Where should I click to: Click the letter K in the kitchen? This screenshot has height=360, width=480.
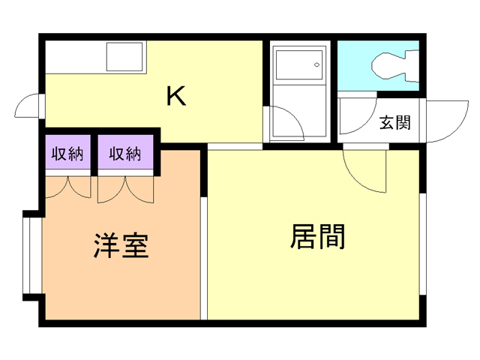point(175,97)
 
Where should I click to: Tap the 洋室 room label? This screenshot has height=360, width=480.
point(121,246)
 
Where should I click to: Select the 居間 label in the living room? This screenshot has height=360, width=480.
point(316,237)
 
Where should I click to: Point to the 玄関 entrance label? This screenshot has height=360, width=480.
point(394,123)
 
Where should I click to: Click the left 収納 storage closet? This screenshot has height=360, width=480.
point(67,154)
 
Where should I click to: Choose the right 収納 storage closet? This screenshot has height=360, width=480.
point(126,154)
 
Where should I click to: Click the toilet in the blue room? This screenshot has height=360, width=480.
point(392,65)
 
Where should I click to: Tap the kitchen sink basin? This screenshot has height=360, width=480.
point(125,57)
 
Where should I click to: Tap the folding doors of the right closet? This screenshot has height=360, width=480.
point(125,189)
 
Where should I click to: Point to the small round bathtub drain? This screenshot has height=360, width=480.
point(318,65)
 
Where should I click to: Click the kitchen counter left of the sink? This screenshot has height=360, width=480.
point(75,57)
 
